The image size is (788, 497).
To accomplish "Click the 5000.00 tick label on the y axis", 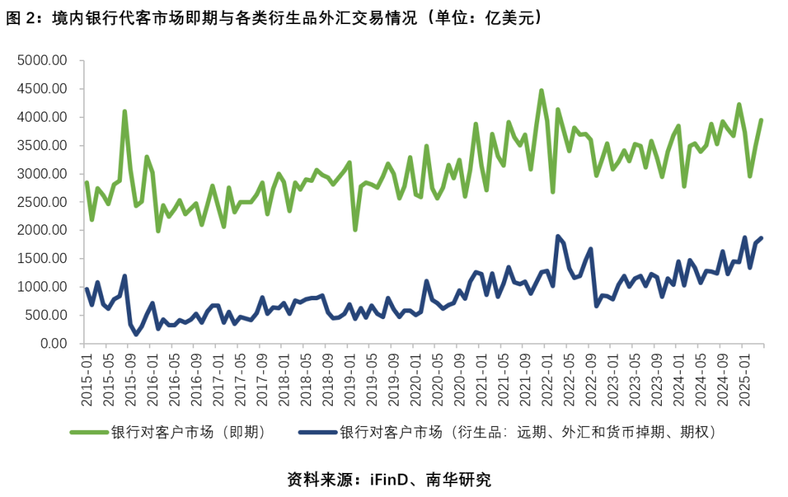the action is point(42,60).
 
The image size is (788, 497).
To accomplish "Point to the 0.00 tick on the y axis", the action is point(53,343).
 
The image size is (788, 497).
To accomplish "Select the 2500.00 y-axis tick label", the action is point(42,202).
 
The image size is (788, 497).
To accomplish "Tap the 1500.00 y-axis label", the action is point(42,259).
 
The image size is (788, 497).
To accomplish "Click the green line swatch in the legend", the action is point(90,431).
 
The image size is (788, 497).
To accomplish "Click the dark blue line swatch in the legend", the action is point(317,431).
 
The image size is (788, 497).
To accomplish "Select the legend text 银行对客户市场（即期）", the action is point(188,431).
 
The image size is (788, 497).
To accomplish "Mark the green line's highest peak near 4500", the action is point(541,91).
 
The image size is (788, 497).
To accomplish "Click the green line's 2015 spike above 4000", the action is point(125,111).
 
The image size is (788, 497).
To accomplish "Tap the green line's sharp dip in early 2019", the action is point(355,230).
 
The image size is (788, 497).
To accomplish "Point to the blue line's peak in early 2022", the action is point(557,236).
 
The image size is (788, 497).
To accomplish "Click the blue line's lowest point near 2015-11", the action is point(136,334).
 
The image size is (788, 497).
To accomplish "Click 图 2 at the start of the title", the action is point(22,18).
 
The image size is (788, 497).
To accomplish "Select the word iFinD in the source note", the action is point(389,480).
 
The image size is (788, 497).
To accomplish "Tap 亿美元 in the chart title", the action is point(509,18).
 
